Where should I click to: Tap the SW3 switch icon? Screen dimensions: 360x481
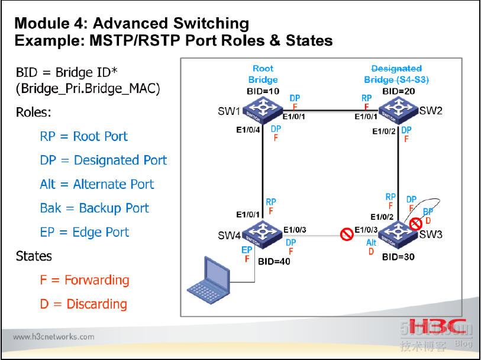tap(398, 233)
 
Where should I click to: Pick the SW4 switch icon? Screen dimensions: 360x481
tap(263, 233)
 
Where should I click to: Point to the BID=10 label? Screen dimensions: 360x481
tap(263, 92)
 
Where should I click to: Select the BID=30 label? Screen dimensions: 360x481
tap(398, 257)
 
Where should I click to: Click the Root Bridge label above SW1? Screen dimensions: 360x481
tap(263, 74)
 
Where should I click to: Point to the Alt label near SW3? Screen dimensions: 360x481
tap(372, 243)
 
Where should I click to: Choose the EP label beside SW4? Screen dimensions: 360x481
tap(247, 250)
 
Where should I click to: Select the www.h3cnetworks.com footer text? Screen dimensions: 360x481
tap(53, 337)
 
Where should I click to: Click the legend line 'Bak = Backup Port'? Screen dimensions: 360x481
tap(94, 208)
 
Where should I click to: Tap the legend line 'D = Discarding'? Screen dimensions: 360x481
tap(83, 304)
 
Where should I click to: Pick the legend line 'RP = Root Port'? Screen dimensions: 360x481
tap(83, 136)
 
